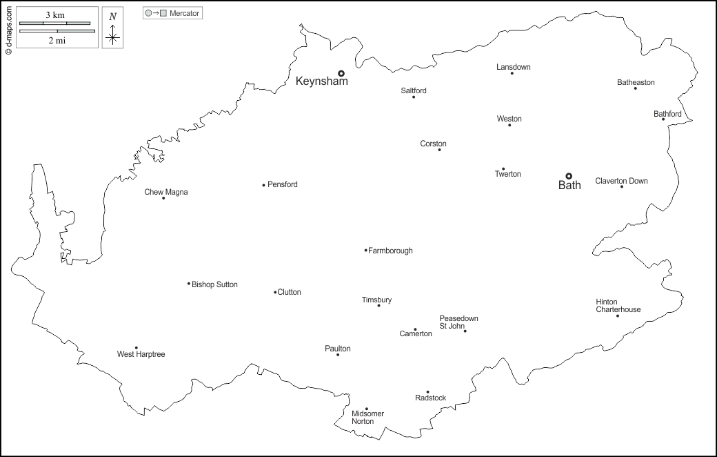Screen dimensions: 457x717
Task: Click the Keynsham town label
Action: [321, 81]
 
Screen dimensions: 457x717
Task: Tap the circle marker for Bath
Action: [569, 176]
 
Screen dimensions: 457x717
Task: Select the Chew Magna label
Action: [165, 192]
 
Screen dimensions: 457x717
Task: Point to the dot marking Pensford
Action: [263, 185]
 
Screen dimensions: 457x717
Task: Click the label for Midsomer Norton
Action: [367, 418]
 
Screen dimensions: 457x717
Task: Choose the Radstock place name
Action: [430, 398]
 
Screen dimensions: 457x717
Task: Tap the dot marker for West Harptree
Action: [136, 348]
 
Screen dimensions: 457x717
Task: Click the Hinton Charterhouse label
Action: [618, 306]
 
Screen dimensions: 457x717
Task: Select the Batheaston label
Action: [636, 83]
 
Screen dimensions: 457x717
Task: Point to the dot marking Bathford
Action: [663, 119]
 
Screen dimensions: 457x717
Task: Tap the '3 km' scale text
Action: [56, 14]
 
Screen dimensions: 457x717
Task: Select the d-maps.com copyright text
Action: [8, 28]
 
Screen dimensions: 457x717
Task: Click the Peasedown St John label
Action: [458, 322]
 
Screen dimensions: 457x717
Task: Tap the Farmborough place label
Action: [390, 251]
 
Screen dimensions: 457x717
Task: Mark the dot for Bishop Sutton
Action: [189, 283]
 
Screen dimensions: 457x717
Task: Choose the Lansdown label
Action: [514, 67]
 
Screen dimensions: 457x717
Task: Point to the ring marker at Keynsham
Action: [341, 73]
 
